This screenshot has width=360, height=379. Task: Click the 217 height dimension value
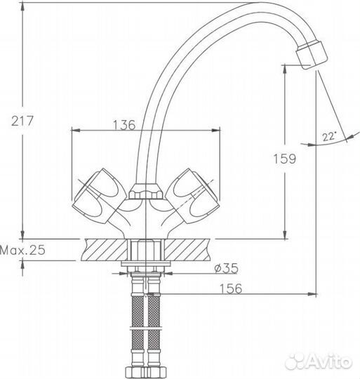pyautogui.click(x=22, y=121)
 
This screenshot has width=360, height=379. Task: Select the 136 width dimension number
pyautogui.click(x=124, y=125)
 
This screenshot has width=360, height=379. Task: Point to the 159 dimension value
pyautogui.click(x=284, y=159)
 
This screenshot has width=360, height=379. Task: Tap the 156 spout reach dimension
pyautogui.click(x=230, y=288)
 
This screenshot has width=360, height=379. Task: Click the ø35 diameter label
pyautogui.click(x=226, y=268)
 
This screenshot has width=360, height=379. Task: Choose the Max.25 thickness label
pyautogui.click(x=22, y=250)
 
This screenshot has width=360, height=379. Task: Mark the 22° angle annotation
pyautogui.click(x=329, y=137)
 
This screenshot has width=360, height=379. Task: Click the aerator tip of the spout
pyautogui.click(x=312, y=55)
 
